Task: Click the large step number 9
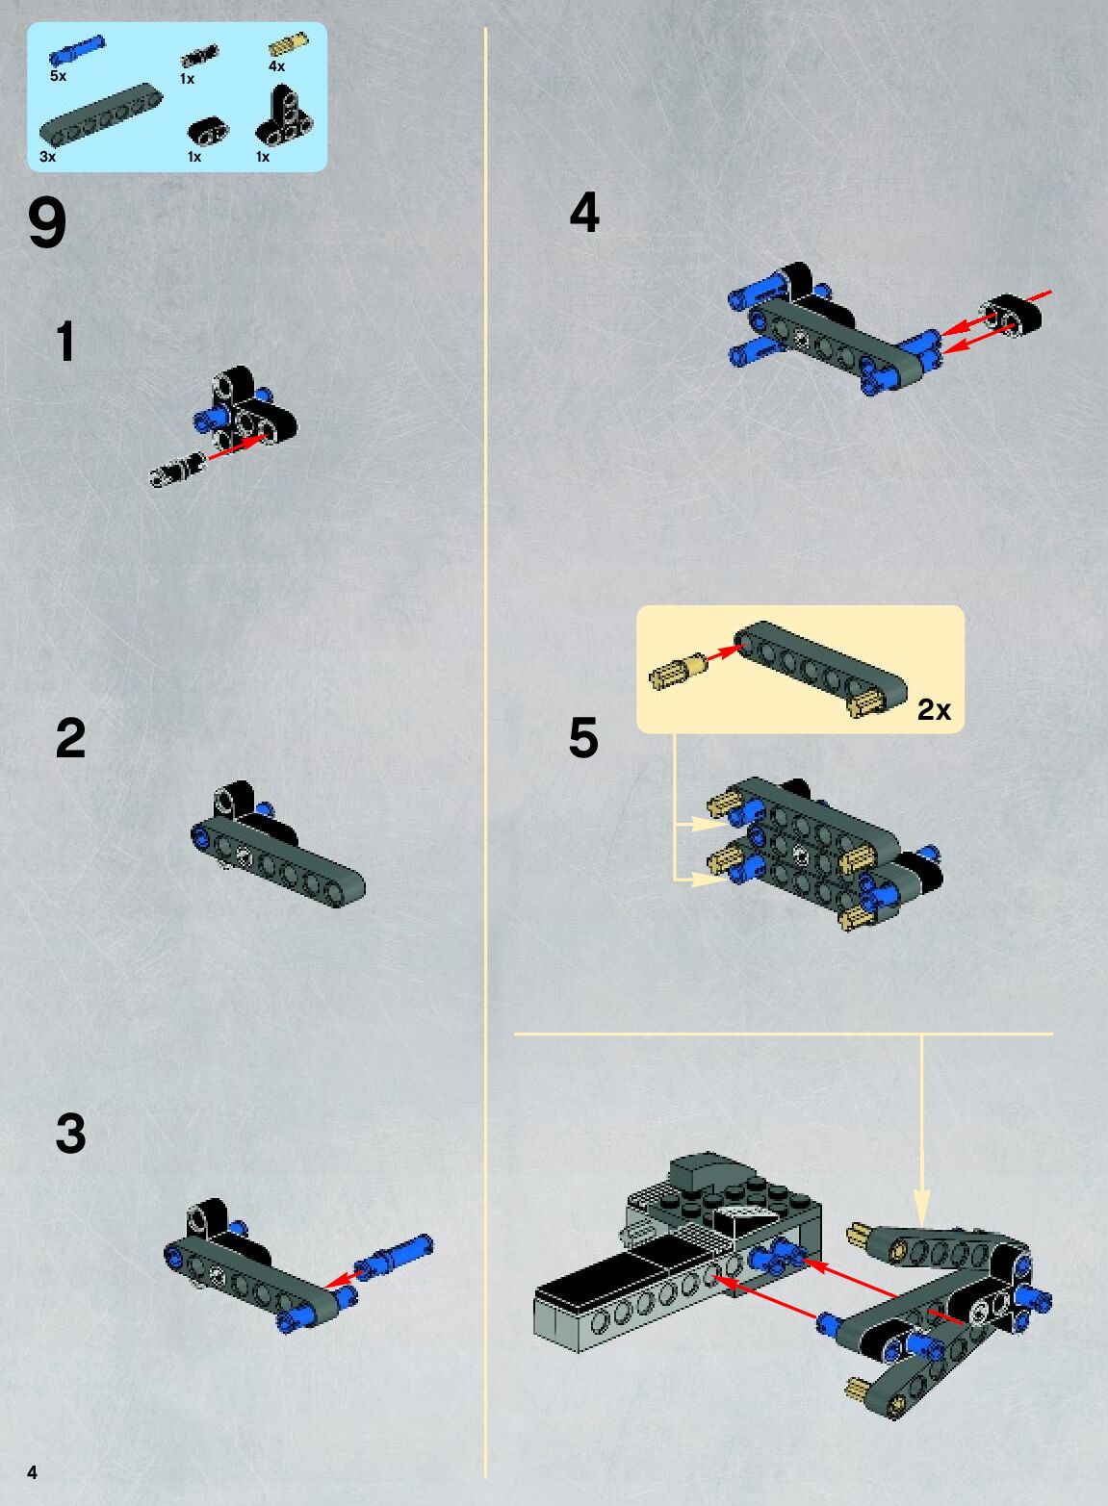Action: [47, 224]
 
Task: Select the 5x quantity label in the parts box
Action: [58, 76]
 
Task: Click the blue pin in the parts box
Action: [77, 50]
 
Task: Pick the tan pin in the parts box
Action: [289, 44]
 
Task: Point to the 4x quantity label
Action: [276, 65]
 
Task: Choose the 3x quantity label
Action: [48, 157]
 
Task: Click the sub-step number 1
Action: [65, 342]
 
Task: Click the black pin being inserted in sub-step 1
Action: [177, 470]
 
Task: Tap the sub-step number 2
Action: [70, 737]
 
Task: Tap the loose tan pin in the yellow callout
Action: [678, 673]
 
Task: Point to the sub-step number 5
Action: [583, 737]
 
